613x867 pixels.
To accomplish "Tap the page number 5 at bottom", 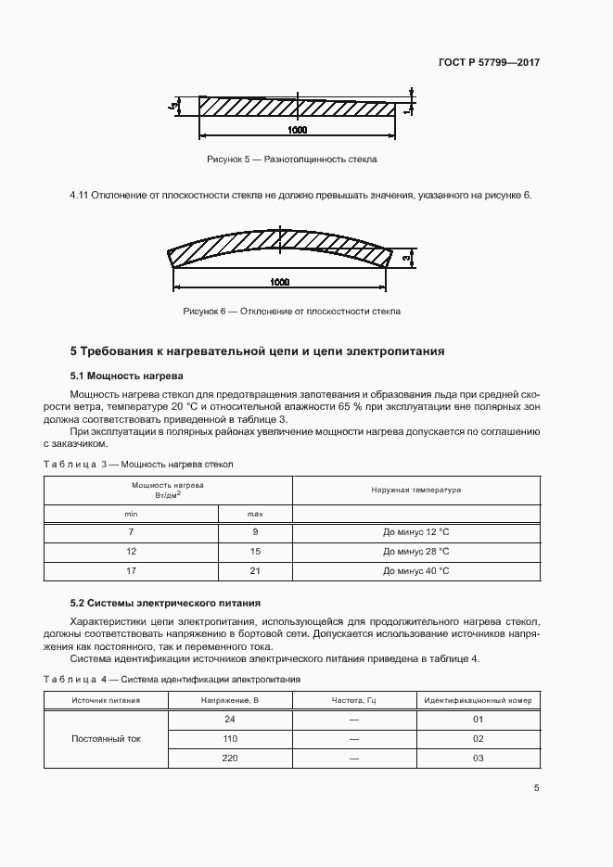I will (537, 788).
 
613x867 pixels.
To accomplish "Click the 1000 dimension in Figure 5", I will (297, 130).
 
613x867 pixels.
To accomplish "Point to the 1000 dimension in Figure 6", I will (279, 282).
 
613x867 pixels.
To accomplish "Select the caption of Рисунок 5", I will (292, 159).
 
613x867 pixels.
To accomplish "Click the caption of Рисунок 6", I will (292, 312).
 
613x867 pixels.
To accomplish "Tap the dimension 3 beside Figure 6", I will (406, 256).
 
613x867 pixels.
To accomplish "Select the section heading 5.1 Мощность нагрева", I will (127, 376).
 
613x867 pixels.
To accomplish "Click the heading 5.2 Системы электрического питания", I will (165, 602).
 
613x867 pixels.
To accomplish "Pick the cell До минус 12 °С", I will (415, 532).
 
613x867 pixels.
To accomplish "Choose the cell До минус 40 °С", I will (415, 571).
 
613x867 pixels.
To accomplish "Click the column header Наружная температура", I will (415, 490).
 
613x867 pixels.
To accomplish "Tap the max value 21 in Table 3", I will (255, 571).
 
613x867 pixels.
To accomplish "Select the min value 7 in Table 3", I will (131, 532).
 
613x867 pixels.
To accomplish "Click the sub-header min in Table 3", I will (131, 513).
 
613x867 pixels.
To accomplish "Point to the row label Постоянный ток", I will (106, 739).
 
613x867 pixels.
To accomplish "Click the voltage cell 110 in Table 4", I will (230, 739).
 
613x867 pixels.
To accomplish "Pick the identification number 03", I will (479, 759).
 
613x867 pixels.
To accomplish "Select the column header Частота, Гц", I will (353, 700).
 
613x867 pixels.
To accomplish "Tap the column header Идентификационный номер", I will (479, 700).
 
